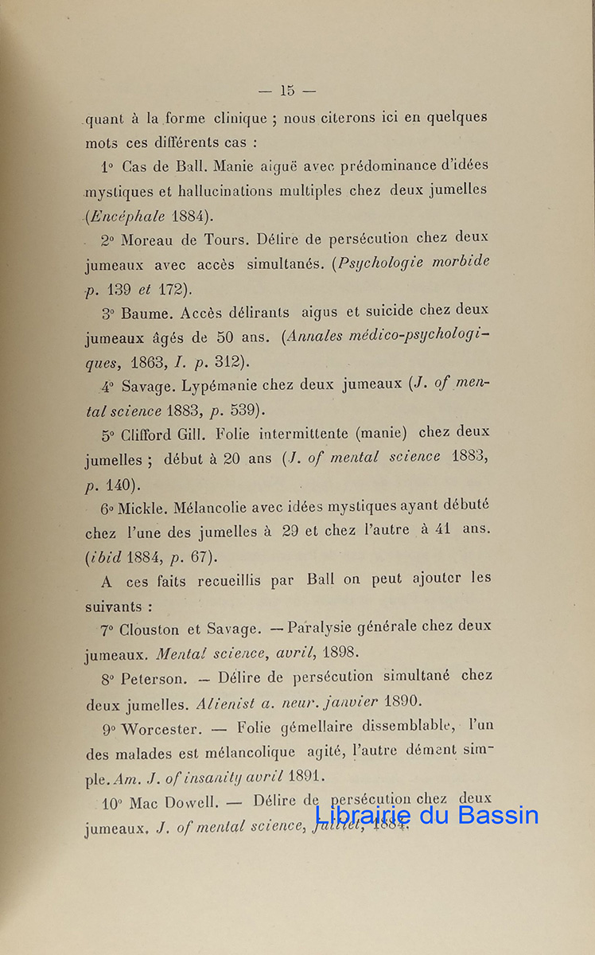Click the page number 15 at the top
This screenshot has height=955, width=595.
(287, 91)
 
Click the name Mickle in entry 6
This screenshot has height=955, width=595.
(142, 507)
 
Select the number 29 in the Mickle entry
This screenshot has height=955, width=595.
(290, 531)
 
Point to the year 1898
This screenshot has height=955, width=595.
(340, 653)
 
